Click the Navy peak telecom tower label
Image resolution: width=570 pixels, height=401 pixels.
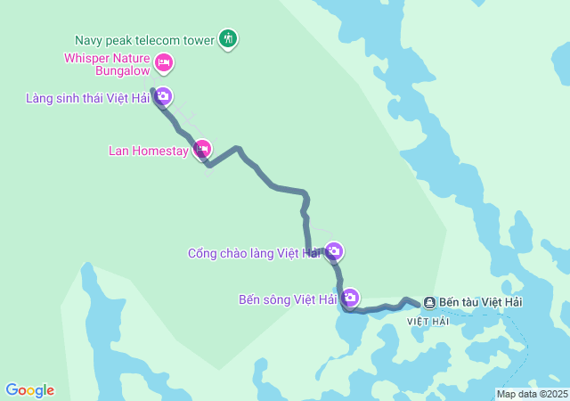coord(144,40)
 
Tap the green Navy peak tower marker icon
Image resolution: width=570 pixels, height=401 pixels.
coord(229,38)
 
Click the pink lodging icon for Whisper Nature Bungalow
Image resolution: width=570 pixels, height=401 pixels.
coord(163,62)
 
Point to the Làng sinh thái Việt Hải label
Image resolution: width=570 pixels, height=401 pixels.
coord(87,98)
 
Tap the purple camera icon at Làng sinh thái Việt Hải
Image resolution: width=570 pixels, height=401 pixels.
coord(163,97)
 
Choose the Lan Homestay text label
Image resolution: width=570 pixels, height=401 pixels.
coord(149,151)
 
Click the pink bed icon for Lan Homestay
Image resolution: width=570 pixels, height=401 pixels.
coord(202,148)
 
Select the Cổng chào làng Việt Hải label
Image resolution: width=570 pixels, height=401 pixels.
coord(254,253)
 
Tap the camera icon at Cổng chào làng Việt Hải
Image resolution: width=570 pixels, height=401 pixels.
coord(334,251)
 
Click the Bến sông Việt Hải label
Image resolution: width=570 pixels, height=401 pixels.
coord(288,299)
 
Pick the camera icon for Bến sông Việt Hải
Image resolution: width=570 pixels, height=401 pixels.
coord(350,297)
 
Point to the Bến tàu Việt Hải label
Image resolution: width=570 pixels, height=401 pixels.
coord(481,302)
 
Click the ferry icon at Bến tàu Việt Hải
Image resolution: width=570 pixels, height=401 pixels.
coord(429,303)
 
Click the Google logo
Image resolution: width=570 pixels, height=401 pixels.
coord(29,390)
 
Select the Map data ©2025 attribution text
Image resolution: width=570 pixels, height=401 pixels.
coord(532,394)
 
